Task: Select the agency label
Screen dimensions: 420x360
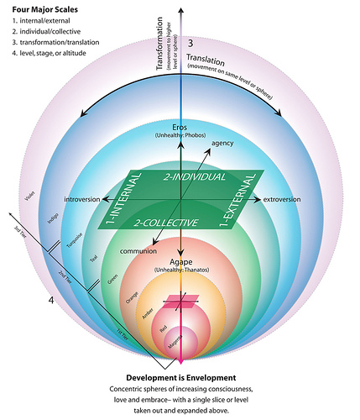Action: pos(222,143)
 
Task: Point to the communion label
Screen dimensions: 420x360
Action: pos(138,250)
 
